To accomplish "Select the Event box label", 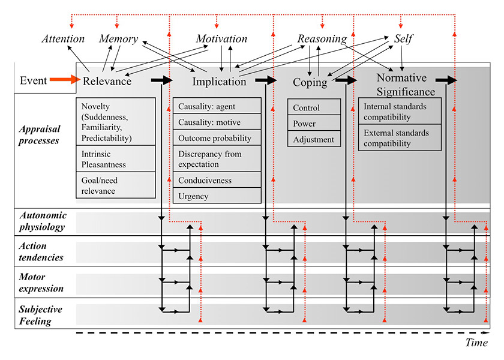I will pos(34,80).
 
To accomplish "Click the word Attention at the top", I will pos(63,39).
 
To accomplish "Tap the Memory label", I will pos(118,39).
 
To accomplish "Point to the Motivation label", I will pos(221,39).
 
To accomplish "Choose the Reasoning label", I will pos(322,39).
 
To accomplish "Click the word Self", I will pos(403,39).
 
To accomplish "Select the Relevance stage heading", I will pos(107,81).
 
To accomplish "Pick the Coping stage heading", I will pos(310,82).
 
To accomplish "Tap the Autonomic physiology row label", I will pos(42,221).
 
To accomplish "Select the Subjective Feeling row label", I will pos(42,315).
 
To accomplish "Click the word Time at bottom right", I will pos(477,342).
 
